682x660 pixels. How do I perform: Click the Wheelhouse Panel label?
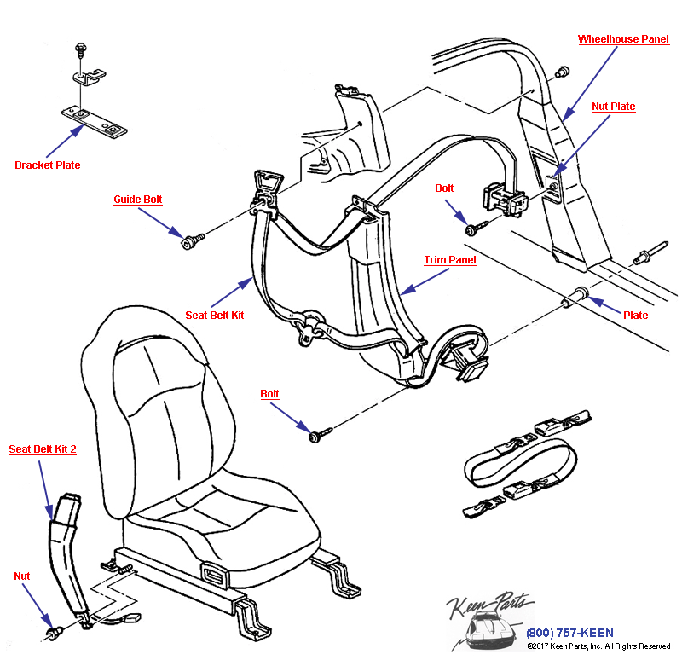[x=623, y=39]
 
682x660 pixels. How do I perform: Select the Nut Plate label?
[x=614, y=107]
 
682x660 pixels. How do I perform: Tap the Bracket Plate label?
[x=48, y=165]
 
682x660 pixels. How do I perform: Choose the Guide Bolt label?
[x=138, y=200]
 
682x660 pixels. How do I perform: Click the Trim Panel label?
[x=450, y=260]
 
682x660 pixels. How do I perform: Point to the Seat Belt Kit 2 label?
[x=43, y=449]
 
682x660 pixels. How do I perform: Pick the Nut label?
[x=22, y=576]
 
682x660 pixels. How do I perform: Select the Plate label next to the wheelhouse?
[x=635, y=316]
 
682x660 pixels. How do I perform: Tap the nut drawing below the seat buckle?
[x=56, y=633]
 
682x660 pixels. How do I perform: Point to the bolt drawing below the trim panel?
[x=316, y=436]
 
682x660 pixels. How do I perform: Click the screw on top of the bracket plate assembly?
[x=80, y=47]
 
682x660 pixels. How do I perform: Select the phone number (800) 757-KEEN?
[x=569, y=633]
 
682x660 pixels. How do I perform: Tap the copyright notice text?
[x=598, y=646]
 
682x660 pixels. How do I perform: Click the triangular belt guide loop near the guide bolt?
[x=266, y=184]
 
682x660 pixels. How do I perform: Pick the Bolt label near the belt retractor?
[x=444, y=188]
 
